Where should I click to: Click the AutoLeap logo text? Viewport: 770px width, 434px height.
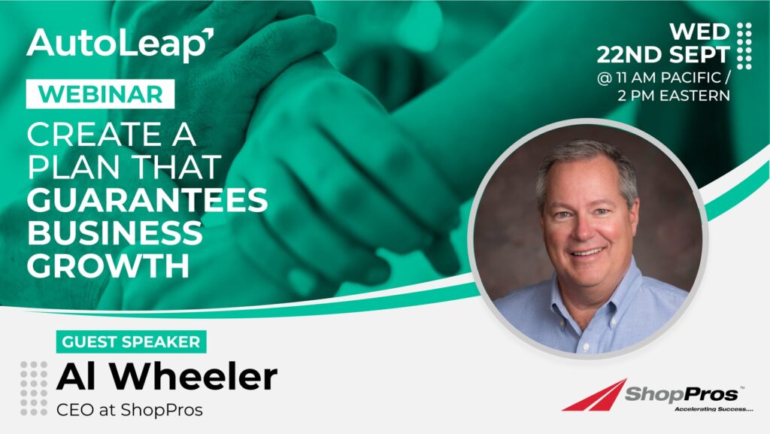click(x=120, y=44)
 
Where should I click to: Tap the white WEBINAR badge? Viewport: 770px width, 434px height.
click(x=100, y=94)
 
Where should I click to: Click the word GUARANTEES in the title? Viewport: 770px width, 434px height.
click(x=147, y=200)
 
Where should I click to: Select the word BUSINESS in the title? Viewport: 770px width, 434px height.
click(x=115, y=232)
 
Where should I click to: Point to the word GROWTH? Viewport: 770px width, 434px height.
click(x=108, y=266)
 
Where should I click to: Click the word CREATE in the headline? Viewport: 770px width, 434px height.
click(x=94, y=134)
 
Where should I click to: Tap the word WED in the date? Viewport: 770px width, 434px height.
click(x=699, y=32)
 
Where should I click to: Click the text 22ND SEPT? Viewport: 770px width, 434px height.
click(x=663, y=55)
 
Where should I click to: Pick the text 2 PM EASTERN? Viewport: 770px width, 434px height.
click(x=674, y=96)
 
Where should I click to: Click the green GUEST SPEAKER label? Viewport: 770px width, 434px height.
click(x=131, y=341)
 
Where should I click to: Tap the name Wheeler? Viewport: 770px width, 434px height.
click(x=196, y=377)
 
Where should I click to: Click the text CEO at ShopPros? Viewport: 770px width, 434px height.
click(x=129, y=410)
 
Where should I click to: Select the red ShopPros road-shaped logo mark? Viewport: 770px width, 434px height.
click(x=595, y=395)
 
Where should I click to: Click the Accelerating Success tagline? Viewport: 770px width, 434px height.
click(x=714, y=408)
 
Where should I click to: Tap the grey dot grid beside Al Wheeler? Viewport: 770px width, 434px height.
click(x=34, y=388)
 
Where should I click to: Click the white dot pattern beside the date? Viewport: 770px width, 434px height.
click(x=744, y=46)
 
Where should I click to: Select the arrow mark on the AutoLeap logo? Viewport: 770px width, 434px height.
click(x=209, y=35)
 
